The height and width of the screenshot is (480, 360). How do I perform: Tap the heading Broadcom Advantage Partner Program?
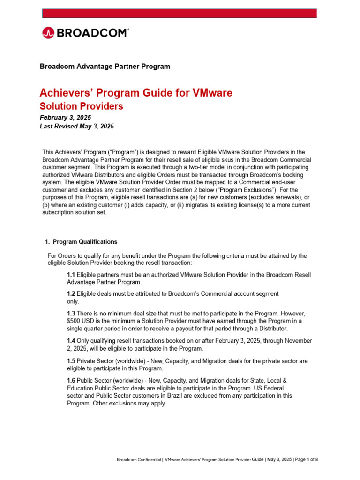[x=105, y=67]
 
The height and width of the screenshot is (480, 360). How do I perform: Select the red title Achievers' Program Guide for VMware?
[x=136, y=93]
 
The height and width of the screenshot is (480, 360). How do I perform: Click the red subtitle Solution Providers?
[x=82, y=106]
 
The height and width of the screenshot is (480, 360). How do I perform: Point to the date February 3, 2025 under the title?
[x=66, y=117]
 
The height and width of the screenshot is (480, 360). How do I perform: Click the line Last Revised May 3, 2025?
[x=77, y=127]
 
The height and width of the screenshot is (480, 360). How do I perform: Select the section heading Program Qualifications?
[x=85, y=242]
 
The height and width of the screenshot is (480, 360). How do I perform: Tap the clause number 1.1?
[x=71, y=274]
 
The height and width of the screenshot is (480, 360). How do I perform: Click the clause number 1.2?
[x=71, y=293]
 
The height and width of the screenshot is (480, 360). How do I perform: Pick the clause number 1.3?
[x=71, y=313]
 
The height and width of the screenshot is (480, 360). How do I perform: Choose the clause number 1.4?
[x=71, y=341]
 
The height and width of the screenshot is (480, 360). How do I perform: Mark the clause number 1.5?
[x=71, y=361]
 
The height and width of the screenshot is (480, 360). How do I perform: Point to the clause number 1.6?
[x=71, y=381]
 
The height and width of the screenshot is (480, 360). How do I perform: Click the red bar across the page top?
[x=180, y=13]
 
